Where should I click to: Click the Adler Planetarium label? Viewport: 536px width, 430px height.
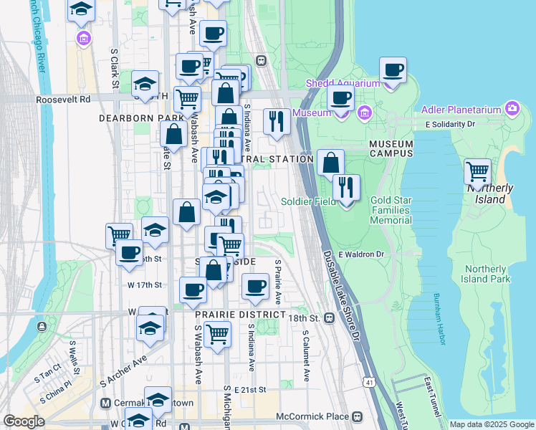tap(462, 110)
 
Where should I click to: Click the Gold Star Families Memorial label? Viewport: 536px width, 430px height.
tap(391, 210)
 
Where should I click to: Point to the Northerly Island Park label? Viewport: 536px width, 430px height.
tap(485, 274)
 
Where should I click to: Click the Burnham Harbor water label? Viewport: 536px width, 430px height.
tap(439, 319)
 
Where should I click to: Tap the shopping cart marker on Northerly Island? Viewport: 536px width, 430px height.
tap(478, 172)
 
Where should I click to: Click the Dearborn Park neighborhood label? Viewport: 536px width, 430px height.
tap(141, 117)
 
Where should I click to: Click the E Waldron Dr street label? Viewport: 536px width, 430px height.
tap(361, 254)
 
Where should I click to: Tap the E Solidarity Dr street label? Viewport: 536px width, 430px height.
tap(450, 125)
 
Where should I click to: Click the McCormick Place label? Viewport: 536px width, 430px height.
tap(313, 416)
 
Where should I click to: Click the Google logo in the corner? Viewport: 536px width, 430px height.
tap(24, 421)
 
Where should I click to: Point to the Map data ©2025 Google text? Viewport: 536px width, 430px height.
tap(491, 424)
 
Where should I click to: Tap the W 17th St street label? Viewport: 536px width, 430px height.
tap(145, 285)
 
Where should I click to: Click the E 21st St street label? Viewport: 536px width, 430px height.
tap(251, 390)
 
